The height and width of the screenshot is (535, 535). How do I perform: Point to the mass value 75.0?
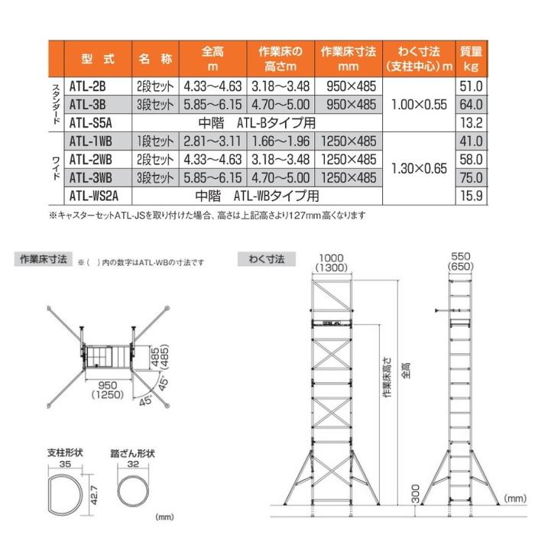[x=471, y=177]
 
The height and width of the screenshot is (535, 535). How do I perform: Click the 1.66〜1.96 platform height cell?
[x=280, y=141]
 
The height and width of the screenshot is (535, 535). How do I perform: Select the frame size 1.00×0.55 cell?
[x=418, y=104]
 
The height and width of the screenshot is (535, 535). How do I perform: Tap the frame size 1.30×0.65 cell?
[x=418, y=168]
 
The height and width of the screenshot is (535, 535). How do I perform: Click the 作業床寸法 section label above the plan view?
[x=43, y=260]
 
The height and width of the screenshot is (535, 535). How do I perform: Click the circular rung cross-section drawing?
[x=133, y=489]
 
